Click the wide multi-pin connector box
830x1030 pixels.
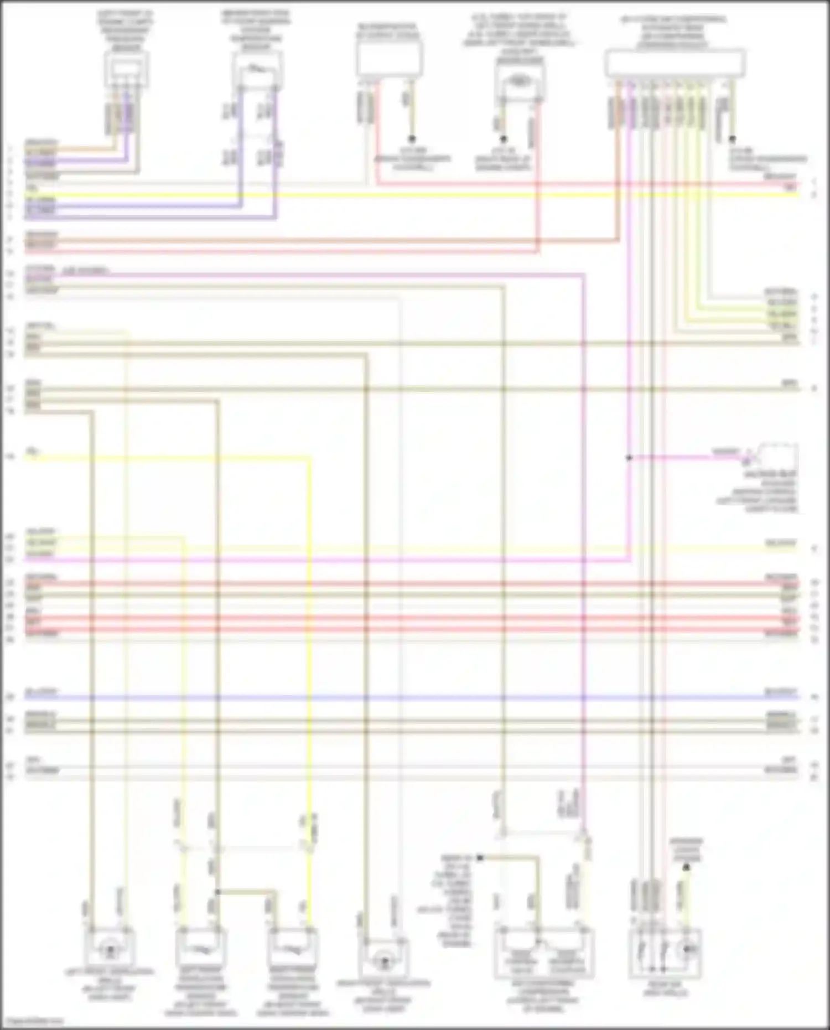[x=675, y=63]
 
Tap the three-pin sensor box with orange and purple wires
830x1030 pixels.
[x=127, y=70]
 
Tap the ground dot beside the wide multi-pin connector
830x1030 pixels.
[x=733, y=139]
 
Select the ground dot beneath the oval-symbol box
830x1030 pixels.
[x=504, y=139]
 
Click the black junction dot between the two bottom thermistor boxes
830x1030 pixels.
[x=217, y=892]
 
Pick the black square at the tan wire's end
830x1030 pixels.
[x=480, y=858]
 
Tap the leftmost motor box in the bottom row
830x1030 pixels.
[x=110, y=948]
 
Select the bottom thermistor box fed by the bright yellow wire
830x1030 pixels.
[x=292, y=948]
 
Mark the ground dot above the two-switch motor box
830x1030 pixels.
[x=686, y=868]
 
